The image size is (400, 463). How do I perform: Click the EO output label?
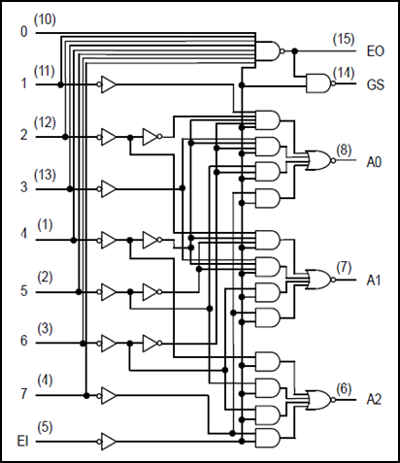click(x=376, y=51)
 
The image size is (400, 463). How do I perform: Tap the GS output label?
click(x=376, y=84)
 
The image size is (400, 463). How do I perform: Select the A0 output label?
click(x=374, y=162)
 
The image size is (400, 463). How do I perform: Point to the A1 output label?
click(x=374, y=281)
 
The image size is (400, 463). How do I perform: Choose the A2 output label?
click(x=374, y=400)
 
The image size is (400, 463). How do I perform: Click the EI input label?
click(x=22, y=441)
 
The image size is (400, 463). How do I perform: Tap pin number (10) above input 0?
click(x=45, y=19)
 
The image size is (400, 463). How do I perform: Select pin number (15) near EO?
click(x=344, y=39)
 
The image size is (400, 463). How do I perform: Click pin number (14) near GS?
click(x=344, y=73)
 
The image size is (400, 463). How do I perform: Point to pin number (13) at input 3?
click(x=45, y=175)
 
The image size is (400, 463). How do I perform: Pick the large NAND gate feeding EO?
click(x=270, y=51)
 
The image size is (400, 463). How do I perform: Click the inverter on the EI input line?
click(x=107, y=442)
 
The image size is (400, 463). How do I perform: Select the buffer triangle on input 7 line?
click(x=107, y=395)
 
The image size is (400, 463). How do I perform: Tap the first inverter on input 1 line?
click(x=107, y=84)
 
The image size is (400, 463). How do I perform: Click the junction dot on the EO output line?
click(x=294, y=51)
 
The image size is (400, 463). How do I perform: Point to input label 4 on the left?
click(x=23, y=233)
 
